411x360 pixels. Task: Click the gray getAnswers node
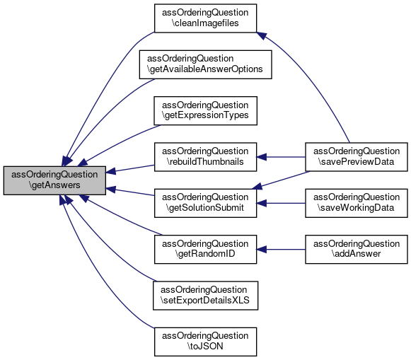click(x=54, y=180)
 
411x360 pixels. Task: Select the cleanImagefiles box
click(x=205, y=18)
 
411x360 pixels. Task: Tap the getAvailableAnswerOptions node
click(x=205, y=64)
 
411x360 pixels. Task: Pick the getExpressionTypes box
click(x=205, y=110)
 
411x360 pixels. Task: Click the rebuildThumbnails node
click(x=205, y=157)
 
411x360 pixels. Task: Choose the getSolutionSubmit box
click(x=205, y=203)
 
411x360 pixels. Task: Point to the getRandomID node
click(x=205, y=249)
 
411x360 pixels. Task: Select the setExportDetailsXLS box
click(x=205, y=296)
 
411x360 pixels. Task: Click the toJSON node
click(x=205, y=342)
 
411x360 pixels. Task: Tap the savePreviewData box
click(x=357, y=157)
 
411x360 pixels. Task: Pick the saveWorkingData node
click(x=357, y=203)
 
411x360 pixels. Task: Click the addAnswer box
click(x=357, y=249)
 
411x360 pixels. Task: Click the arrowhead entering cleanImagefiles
click(x=261, y=35)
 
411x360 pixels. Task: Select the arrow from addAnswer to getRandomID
click(x=281, y=250)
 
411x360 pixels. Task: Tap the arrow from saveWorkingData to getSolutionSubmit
click(x=281, y=203)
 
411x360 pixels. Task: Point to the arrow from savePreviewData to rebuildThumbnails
click(x=281, y=157)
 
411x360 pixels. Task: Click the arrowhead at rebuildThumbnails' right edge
click(x=261, y=157)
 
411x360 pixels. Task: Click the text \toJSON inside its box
click(x=205, y=347)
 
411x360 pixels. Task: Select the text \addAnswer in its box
click(x=357, y=254)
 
